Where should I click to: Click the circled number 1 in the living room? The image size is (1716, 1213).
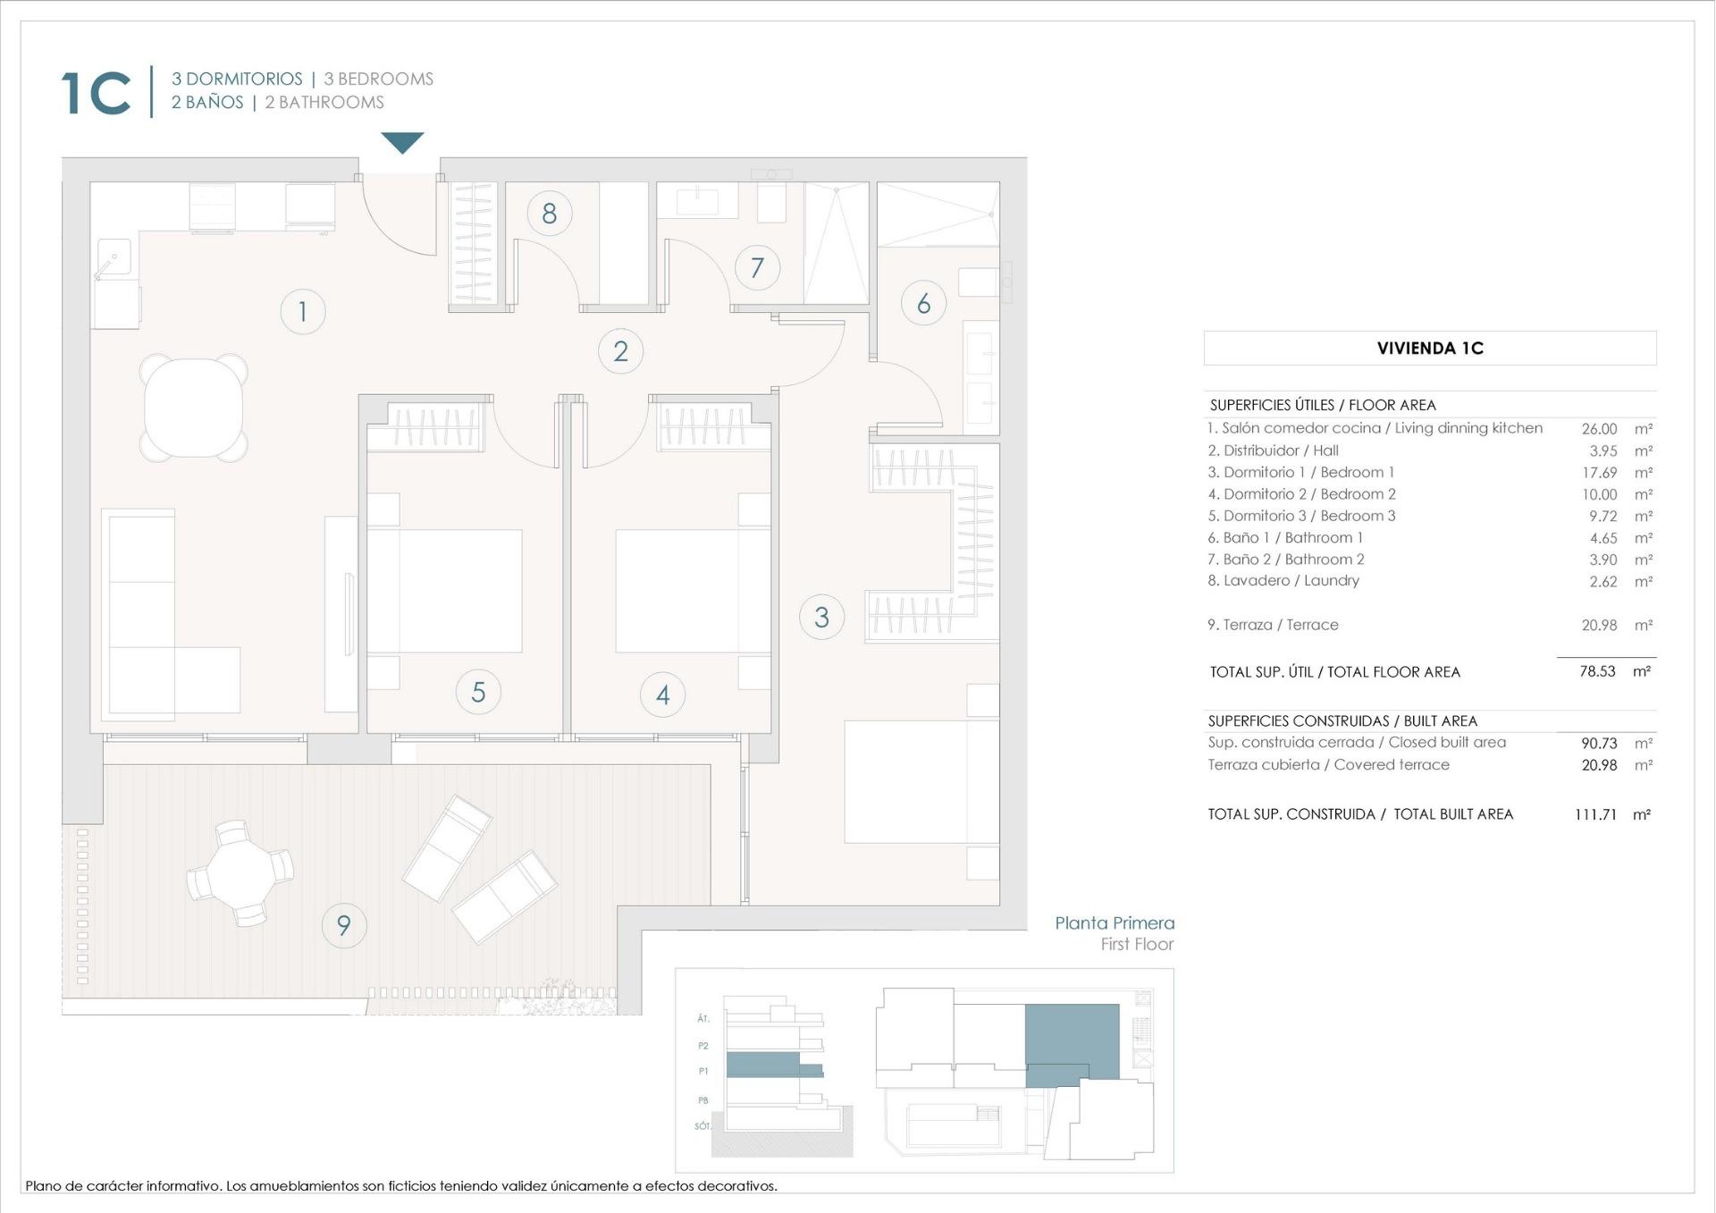(x=302, y=311)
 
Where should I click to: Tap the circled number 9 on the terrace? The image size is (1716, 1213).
(x=343, y=925)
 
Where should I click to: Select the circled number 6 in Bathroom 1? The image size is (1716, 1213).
(x=923, y=303)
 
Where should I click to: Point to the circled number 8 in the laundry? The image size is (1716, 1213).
(x=549, y=214)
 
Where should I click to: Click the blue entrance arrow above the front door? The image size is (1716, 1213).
(x=402, y=142)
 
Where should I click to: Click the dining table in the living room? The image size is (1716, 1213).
(x=194, y=408)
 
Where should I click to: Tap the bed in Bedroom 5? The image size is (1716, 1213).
(x=444, y=591)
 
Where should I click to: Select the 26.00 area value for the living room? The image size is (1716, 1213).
(x=1599, y=429)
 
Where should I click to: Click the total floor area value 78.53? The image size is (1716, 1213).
(x=1597, y=671)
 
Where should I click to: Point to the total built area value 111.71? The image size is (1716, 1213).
(x=1595, y=814)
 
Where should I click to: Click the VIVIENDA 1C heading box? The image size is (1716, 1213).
(x=1429, y=349)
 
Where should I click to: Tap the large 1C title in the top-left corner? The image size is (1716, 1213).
(x=96, y=93)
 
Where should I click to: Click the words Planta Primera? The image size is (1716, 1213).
(x=1114, y=923)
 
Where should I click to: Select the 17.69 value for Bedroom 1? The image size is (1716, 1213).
(x=1599, y=473)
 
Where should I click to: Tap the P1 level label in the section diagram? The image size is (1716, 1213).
(x=703, y=1071)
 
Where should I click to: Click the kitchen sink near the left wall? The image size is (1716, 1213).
(x=114, y=257)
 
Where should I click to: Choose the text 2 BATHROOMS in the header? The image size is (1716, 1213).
(x=324, y=103)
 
